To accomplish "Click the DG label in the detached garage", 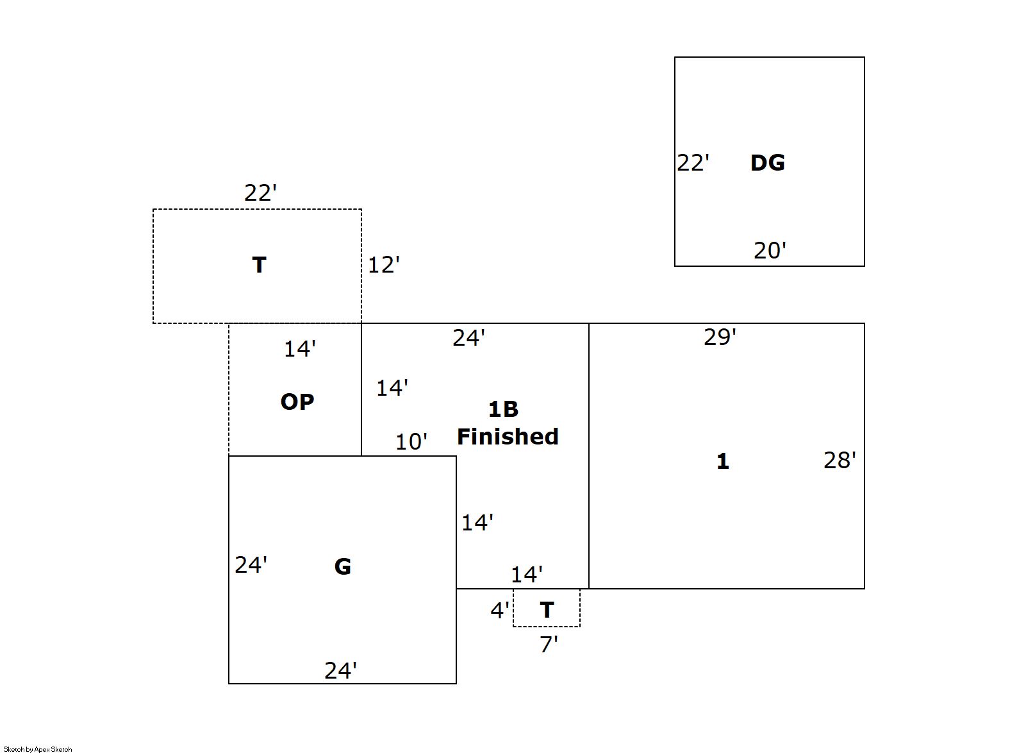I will coord(767,163).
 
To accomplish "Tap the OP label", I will coord(297,402).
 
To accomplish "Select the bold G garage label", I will coord(343,566).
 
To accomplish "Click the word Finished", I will coord(508,437).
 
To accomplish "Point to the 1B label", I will coord(503,409).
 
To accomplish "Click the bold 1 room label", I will coord(722,461).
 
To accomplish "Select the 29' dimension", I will coord(720,337).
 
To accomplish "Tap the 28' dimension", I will coord(840,460).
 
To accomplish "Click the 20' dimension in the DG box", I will coord(770,250).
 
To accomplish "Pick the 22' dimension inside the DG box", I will coord(693,163).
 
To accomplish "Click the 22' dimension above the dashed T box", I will coord(260,192).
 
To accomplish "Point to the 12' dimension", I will coord(383,264).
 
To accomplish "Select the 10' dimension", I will coord(411,441).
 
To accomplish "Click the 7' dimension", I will coord(549,644).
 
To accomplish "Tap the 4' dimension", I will coord(500,610).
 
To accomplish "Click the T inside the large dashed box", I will coord(259,265).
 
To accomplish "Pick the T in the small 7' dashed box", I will coord(547,610).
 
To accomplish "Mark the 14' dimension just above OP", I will coord(300,349).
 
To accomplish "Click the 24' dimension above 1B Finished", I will coord(468,337).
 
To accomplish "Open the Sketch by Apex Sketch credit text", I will coord(38,749).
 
